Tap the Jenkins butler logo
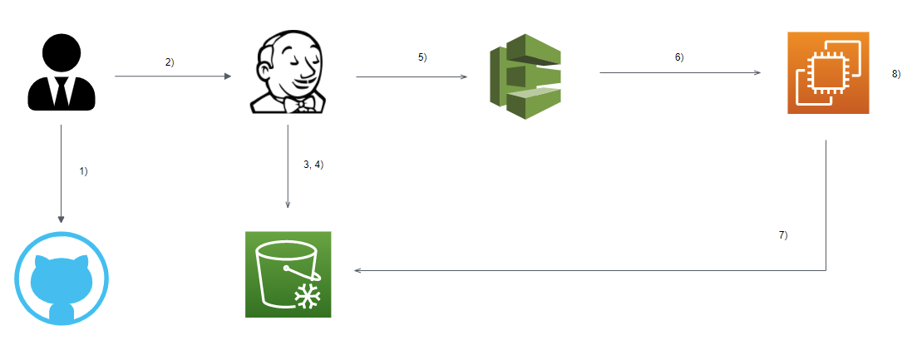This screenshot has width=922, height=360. click(x=288, y=73)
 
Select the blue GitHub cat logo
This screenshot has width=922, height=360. click(x=62, y=279)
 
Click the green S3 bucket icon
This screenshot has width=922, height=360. click(x=288, y=274)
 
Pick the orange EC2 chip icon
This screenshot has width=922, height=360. click(x=828, y=73)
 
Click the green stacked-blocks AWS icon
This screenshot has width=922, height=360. click(x=527, y=76)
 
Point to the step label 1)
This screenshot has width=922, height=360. click(x=83, y=170)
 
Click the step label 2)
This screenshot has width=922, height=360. click(x=170, y=62)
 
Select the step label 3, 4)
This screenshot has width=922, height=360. click(x=313, y=165)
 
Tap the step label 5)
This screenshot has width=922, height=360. click(x=422, y=57)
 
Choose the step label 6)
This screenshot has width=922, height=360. click(x=679, y=57)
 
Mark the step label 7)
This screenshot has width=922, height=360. click(x=782, y=235)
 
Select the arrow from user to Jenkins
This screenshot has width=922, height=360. click(x=172, y=76)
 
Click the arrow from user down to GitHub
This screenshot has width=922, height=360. click(x=61, y=175)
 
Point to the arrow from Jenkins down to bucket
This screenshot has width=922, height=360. click(x=288, y=166)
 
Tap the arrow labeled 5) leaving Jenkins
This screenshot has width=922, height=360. click(x=412, y=77)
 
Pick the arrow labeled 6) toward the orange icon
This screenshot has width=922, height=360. click(x=680, y=72)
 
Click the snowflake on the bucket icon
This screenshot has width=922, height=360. click(x=308, y=298)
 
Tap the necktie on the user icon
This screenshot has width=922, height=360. click(x=62, y=91)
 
